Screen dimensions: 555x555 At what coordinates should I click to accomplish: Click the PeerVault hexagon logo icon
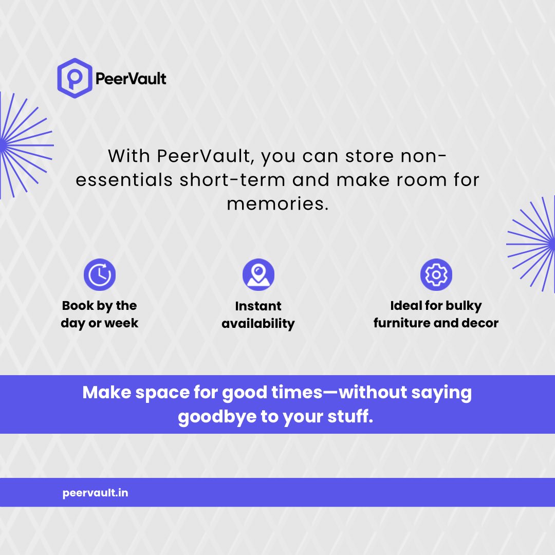click(75, 78)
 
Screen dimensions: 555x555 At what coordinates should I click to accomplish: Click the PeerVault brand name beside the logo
click(131, 79)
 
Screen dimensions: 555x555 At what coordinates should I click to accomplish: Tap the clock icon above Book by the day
click(100, 275)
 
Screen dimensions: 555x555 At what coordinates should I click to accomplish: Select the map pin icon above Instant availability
click(258, 275)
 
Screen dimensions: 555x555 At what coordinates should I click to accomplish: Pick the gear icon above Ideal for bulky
click(436, 275)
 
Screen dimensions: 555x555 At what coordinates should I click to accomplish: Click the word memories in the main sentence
click(276, 204)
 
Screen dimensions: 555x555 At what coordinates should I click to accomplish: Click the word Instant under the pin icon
click(258, 306)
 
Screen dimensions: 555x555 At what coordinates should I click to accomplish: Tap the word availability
click(258, 324)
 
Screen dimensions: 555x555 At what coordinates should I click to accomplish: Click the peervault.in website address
click(95, 493)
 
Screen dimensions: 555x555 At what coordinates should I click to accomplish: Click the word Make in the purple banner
click(106, 393)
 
